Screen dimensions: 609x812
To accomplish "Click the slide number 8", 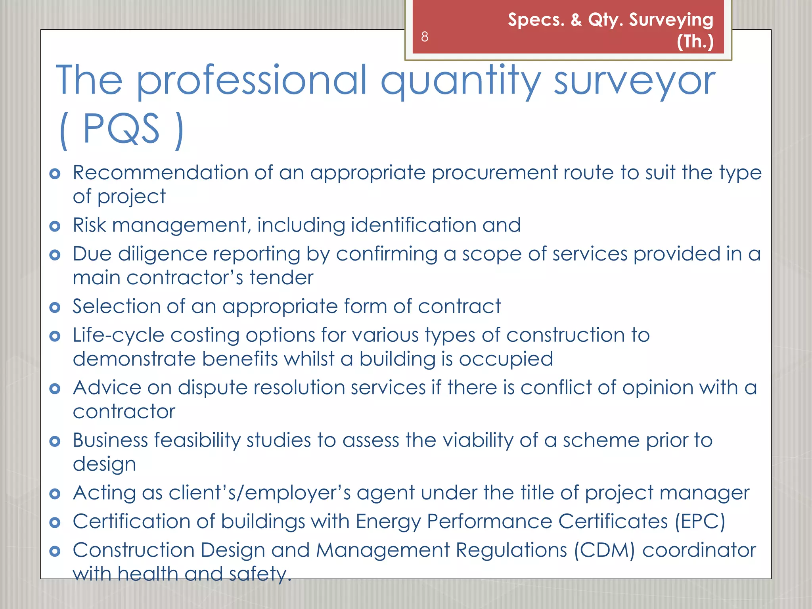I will [x=425, y=36].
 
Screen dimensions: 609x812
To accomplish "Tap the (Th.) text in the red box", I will [x=695, y=41].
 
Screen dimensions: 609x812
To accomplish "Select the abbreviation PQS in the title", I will [x=121, y=129].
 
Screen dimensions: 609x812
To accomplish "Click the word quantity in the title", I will [x=461, y=81].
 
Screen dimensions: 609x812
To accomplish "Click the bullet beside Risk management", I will [x=55, y=226].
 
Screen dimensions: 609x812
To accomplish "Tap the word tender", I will [x=282, y=278].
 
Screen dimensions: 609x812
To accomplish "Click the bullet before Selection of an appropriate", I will [x=55, y=307].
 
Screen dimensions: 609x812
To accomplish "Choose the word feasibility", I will [x=197, y=440].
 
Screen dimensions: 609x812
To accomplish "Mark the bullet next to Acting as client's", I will [x=55, y=494].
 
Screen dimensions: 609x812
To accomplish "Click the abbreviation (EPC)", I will [x=700, y=521].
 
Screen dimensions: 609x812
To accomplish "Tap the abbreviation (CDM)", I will [x=605, y=550].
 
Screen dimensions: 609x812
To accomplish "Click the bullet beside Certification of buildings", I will [x=55, y=522].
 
